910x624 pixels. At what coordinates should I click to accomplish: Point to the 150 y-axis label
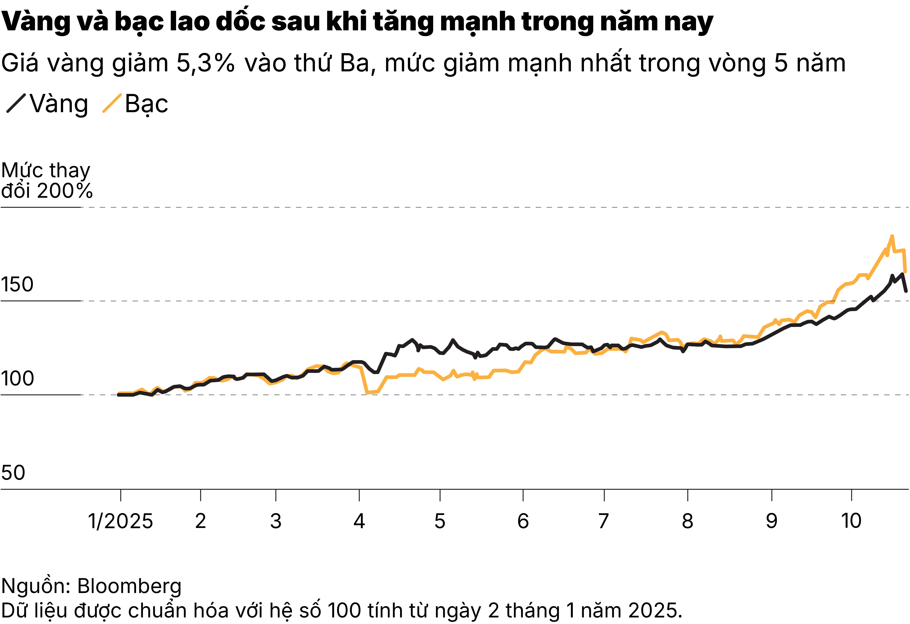coord(17,284)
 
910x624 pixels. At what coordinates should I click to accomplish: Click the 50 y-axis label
coord(13,473)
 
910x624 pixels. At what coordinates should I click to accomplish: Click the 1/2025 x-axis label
coord(120,521)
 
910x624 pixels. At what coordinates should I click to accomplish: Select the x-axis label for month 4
coord(359,521)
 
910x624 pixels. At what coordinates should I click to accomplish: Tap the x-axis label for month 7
coord(604,521)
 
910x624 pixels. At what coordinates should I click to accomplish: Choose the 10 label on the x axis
coord(851,521)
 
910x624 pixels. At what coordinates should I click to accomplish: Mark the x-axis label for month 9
coord(771,521)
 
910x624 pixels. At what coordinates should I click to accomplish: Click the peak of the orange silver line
coord(892,236)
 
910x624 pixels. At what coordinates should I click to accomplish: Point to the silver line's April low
coord(367,392)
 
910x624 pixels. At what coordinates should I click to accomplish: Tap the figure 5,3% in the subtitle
coord(205,63)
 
